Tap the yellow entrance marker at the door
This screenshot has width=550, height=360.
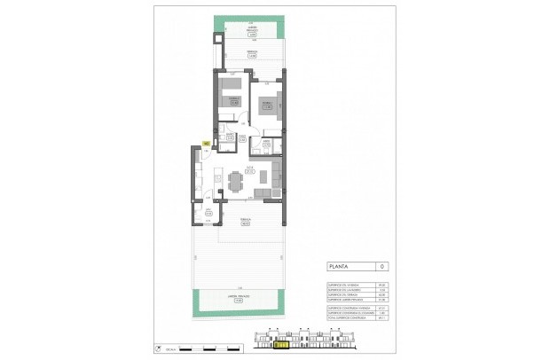coord(206,143)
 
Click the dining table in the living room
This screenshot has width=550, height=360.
coord(234,182)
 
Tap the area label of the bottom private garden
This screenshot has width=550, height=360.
coord(238,300)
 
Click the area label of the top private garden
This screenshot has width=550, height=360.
coord(254,33)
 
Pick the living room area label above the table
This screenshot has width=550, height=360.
coord(250,170)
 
